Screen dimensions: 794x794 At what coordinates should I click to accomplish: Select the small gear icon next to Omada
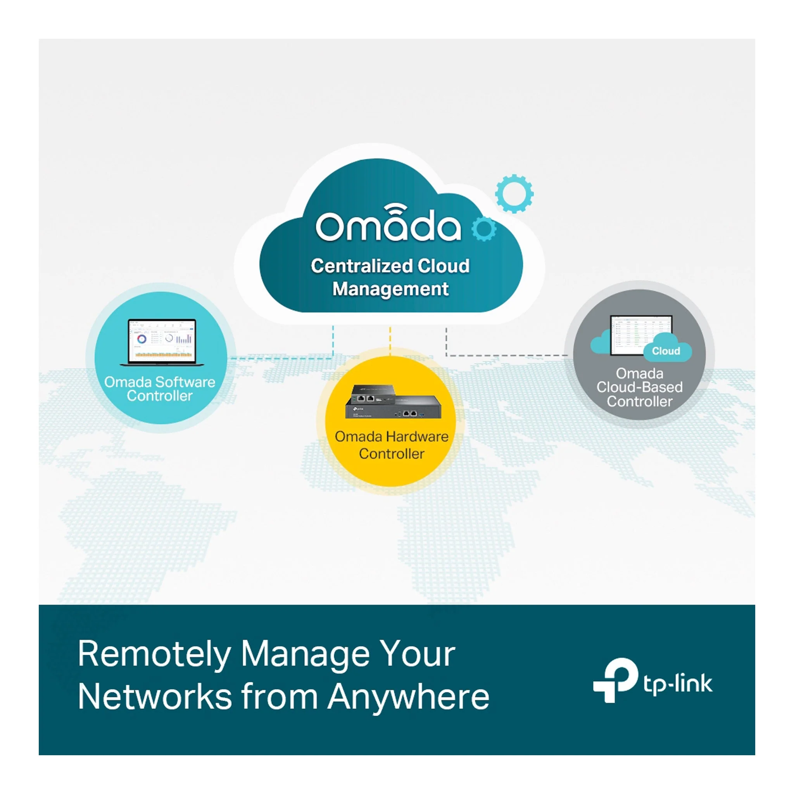tap(484, 228)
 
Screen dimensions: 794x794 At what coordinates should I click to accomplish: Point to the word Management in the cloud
tap(390, 289)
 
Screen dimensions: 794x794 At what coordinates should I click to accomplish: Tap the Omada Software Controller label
tap(159, 389)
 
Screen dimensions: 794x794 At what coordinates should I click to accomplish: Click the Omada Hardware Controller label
tap(392, 445)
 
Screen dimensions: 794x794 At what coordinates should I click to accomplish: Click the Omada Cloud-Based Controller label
tap(639, 388)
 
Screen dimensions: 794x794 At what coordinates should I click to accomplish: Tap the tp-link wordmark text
tap(678, 684)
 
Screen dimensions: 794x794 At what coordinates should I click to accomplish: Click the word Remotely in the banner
tap(155, 655)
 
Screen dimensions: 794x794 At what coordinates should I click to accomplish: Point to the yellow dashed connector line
tap(390, 341)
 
